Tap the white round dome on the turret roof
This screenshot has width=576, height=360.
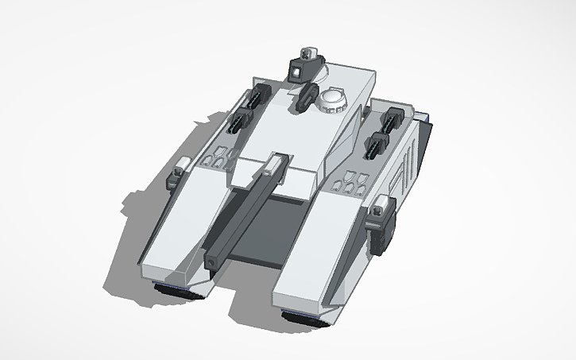pyautogui.click(x=333, y=99)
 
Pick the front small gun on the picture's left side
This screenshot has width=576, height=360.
pyautogui.click(x=238, y=123)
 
